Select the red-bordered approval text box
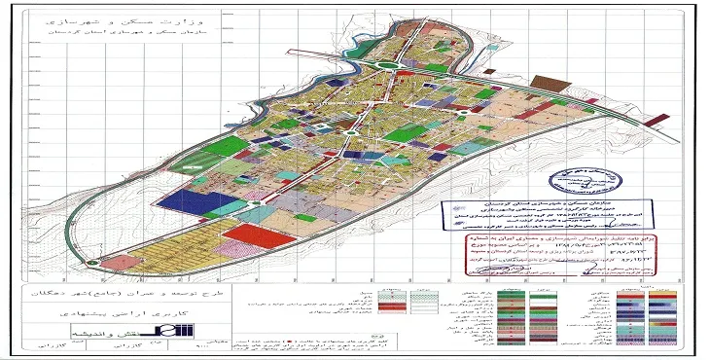(525, 247)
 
